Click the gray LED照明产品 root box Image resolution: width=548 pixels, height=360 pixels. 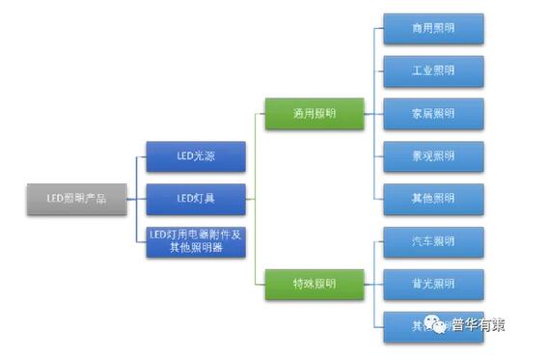pos(75,198)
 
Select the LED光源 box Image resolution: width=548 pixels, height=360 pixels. pos(195,156)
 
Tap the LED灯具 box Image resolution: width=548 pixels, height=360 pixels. pos(195,198)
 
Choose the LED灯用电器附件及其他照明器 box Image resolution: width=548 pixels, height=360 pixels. pos(195,241)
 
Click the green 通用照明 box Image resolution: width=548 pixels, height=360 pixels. pos(314,113)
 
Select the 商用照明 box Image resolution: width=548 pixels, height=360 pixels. pos(432,29)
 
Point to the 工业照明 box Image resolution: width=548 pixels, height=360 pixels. pos(432,70)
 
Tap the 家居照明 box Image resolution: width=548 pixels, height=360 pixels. pos(432,113)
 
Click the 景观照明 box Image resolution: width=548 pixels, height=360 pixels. pos(432,155)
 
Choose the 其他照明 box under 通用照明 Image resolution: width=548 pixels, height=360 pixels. pos(432,198)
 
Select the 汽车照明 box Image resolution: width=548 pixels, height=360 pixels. pos(432,241)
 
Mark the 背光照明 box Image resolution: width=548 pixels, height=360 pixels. pos(432,283)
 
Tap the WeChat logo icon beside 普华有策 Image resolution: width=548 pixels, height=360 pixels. pos(439,325)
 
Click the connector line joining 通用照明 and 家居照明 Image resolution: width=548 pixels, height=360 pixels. pos(373,113)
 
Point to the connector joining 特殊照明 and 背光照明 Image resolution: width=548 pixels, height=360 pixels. pos(373,283)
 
